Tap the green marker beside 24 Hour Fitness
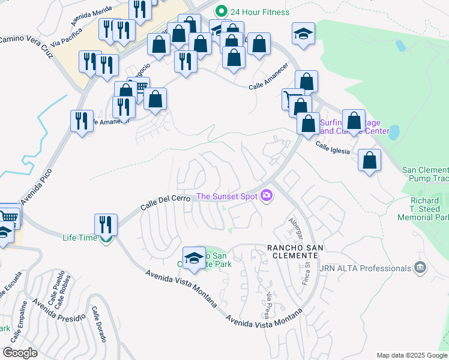tap(221, 11)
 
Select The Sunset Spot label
tap(227, 197)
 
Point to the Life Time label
tap(79, 238)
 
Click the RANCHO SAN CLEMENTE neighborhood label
tap(295, 253)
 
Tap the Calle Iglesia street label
tap(333, 148)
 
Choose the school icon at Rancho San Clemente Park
tap(194, 257)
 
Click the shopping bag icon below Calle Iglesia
tap(370, 161)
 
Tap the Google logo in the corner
tap(20, 353)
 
